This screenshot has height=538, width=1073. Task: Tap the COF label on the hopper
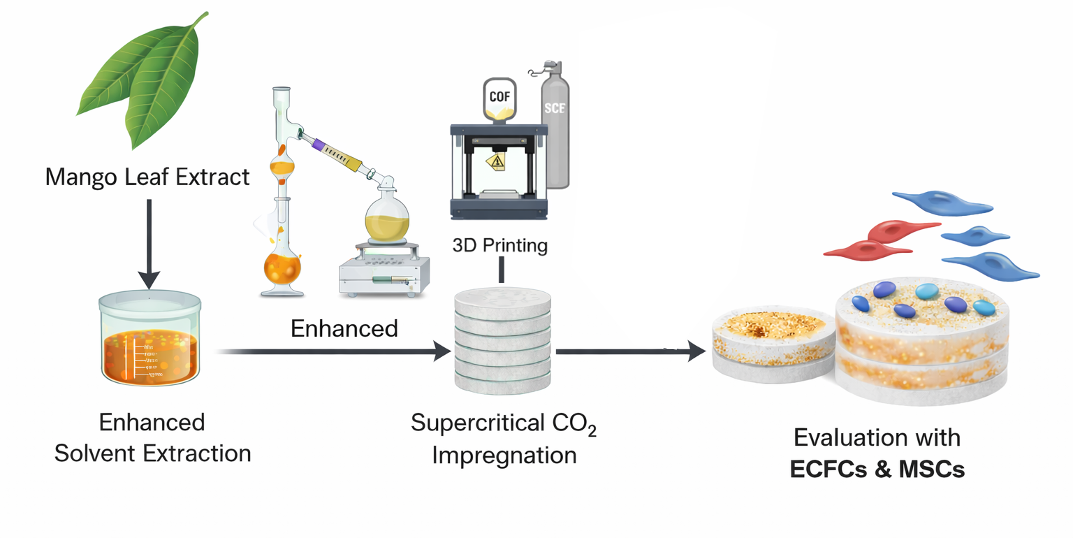pos(499,97)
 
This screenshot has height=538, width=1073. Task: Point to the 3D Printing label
pos(500,245)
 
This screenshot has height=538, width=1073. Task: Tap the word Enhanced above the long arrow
pos(344,328)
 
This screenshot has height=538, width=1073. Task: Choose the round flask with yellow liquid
pos(387,221)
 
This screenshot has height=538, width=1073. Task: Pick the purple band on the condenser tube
pos(319,145)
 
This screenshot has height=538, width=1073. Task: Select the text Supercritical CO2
pos(503,424)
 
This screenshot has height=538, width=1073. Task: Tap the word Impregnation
pos(504,455)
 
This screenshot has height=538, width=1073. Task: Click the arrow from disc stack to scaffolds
pos(629,351)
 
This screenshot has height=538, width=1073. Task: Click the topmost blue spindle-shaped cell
pos(942,203)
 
